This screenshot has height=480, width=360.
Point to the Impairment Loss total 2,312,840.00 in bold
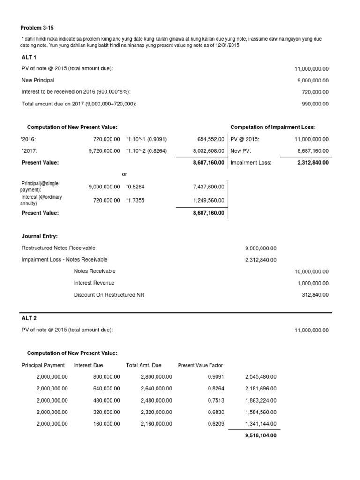click(x=313, y=163)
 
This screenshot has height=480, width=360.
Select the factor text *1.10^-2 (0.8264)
click(x=147, y=151)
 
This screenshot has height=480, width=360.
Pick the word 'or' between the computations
click(x=124, y=174)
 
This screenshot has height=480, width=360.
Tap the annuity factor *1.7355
click(x=135, y=200)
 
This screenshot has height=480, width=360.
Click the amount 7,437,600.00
click(x=209, y=187)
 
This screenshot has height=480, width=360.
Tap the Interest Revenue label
click(x=94, y=283)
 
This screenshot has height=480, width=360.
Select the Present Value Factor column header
click(x=200, y=365)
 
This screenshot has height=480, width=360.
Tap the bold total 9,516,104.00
click(x=261, y=435)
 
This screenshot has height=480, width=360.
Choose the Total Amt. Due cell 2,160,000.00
click(x=156, y=424)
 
